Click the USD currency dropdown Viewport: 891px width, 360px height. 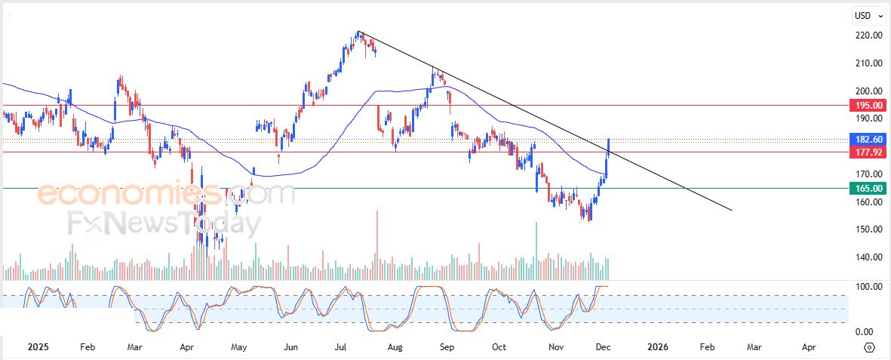(x=868, y=15)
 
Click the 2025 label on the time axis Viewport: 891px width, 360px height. (x=38, y=347)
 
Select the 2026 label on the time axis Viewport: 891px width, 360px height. (x=658, y=347)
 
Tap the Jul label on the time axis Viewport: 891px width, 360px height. (x=341, y=347)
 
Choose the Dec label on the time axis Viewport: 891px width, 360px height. (x=604, y=347)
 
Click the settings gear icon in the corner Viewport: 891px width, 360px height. (x=869, y=347)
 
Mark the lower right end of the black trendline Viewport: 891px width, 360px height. (x=732, y=211)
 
